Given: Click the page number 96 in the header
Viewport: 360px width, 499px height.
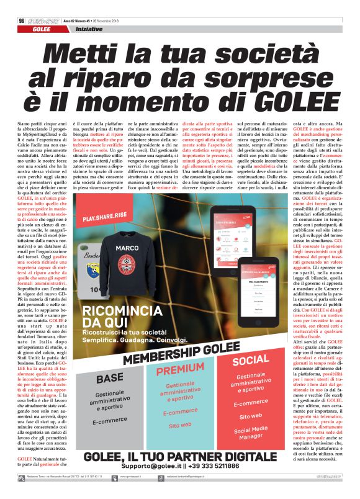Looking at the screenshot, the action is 22,20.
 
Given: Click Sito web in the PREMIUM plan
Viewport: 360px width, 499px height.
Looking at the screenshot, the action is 180,425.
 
